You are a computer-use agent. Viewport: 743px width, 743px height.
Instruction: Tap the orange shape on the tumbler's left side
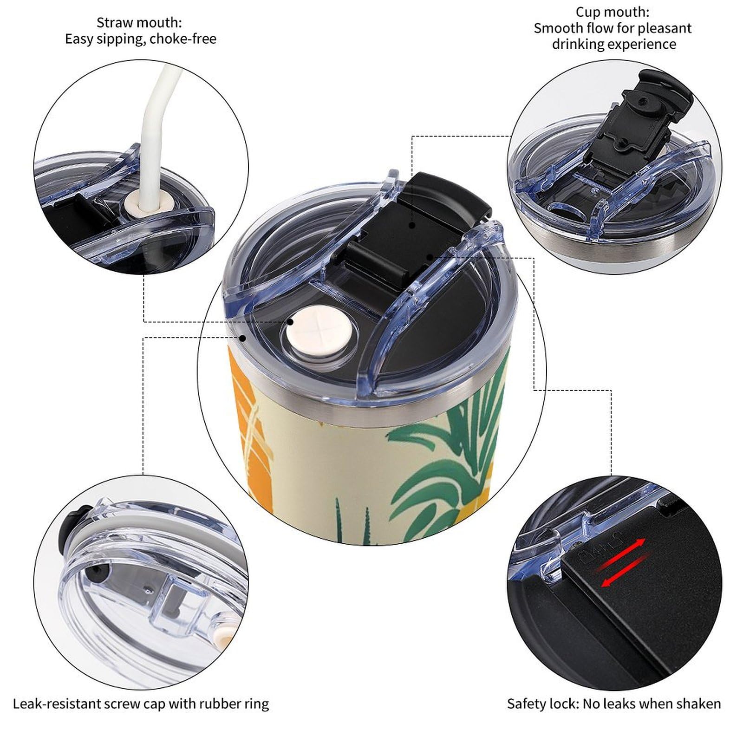(x=251, y=418)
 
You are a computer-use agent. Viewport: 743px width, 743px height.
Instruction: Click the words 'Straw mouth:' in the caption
(x=139, y=22)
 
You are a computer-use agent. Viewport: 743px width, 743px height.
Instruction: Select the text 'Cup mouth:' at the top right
(x=613, y=12)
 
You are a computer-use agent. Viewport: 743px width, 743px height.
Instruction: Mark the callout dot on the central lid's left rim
(x=242, y=338)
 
